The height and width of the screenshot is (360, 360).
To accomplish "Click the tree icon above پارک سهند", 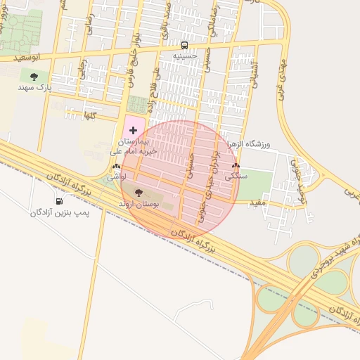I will [34, 77].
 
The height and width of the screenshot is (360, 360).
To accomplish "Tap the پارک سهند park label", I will [34, 89].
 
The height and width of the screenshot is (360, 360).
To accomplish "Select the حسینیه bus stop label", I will [185, 55].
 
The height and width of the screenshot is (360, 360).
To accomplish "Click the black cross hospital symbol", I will [133, 131].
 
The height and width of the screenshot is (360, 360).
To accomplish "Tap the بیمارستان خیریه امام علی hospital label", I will [133, 146].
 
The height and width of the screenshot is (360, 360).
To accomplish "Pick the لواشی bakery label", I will [116, 178].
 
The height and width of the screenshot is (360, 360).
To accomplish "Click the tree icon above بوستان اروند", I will [138, 192].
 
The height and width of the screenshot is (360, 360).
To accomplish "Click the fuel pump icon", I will [58, 201].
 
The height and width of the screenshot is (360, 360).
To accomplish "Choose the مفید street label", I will [257, 202].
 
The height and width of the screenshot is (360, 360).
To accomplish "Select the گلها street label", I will [89, 114].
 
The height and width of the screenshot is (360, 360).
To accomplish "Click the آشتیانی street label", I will [255, 72].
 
